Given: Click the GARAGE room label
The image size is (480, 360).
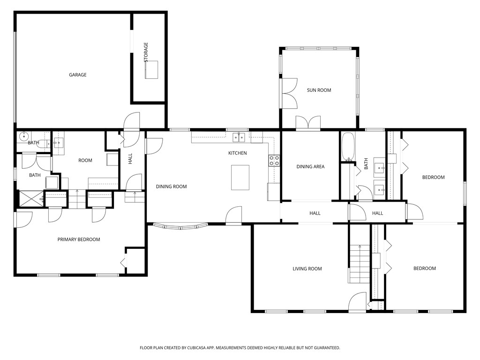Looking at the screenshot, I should (78, 75).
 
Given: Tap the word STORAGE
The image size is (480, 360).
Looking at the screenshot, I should (146, 52).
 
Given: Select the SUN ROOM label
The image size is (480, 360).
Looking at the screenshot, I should (319, 90).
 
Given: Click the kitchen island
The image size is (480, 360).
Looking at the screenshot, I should (240, 178).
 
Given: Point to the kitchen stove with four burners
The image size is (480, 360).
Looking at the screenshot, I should (274, 161).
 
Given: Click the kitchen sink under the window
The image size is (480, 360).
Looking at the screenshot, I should (239, 137).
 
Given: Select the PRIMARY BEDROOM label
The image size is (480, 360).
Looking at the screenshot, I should (79, 240).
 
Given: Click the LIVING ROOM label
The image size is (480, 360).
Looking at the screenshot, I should (307, 269).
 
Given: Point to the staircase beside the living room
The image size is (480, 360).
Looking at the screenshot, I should (359, 264).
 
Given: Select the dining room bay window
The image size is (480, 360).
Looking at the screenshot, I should (180, 227).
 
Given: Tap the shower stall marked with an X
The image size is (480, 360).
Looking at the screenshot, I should (30, 199).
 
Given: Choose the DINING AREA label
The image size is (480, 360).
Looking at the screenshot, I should (310, 166).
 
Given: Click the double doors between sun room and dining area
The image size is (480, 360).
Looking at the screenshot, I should (308, 123).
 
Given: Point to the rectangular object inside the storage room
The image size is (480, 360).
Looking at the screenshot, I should (151, 70).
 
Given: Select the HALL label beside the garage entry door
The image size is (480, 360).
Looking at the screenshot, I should (130, 159).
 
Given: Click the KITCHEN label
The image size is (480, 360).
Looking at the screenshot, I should (237, 153).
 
